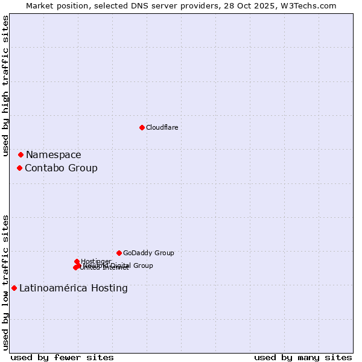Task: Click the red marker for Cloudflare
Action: [142, 127]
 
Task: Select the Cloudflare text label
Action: [162, 127]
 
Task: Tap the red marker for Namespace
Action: [21, 155]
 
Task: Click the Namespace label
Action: [53, 155]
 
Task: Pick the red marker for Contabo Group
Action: [19, 168]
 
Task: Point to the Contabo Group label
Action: [61, 168]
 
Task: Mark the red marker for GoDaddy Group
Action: [119, 253]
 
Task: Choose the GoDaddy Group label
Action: [148, 253]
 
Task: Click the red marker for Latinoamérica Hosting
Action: [14, 288]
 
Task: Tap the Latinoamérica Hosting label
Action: [74, 288]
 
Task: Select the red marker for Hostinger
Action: [77, 261]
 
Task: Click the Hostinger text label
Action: [97, 261]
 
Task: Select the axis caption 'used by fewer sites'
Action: [62, 357]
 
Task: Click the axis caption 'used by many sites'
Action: [303, 357]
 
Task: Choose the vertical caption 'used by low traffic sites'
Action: [5, 282]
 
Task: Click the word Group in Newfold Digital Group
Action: [142, 265]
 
